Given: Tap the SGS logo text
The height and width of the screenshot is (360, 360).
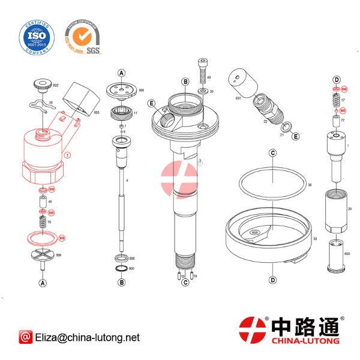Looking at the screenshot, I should pos(93,49).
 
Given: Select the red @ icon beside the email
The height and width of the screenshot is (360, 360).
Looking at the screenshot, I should pos(25,338).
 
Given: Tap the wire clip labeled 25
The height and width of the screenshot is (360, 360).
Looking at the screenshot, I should pos(42,107).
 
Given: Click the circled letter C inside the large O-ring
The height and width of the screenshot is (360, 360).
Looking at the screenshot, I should pos(272,153).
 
